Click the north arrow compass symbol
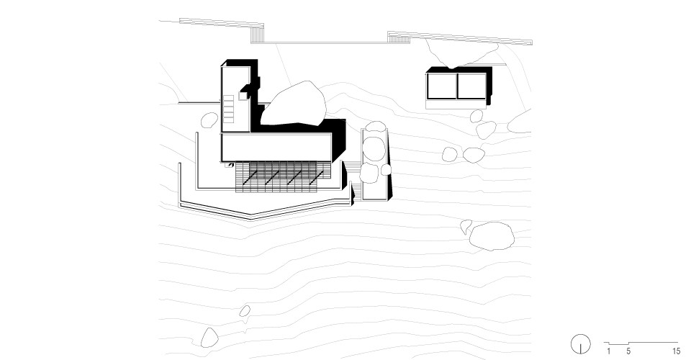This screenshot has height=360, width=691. pos(580,344)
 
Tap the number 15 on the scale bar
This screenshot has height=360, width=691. pos(676,351)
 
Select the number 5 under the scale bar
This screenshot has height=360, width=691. pos(628,351)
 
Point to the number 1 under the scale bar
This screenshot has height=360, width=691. pos(609,351)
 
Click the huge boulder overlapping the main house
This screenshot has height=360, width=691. pos(294,104)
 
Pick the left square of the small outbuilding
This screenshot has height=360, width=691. pos(441,86)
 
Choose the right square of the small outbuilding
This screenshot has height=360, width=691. pos(471,86)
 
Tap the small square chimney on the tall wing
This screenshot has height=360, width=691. pos(243,96)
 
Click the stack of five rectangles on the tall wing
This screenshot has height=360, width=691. pos(228,109)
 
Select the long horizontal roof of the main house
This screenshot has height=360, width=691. pos(276,147)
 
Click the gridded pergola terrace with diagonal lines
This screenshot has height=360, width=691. pos(282,176)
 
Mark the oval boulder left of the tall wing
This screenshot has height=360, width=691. pos(209,120)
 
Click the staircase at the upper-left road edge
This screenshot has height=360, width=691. pos(257,35)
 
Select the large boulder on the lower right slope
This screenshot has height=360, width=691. pos(492,236)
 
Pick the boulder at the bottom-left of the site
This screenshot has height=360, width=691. pos(209,338)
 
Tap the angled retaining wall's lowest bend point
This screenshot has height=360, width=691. pos(251,217)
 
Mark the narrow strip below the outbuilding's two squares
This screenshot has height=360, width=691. pos(456,104)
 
